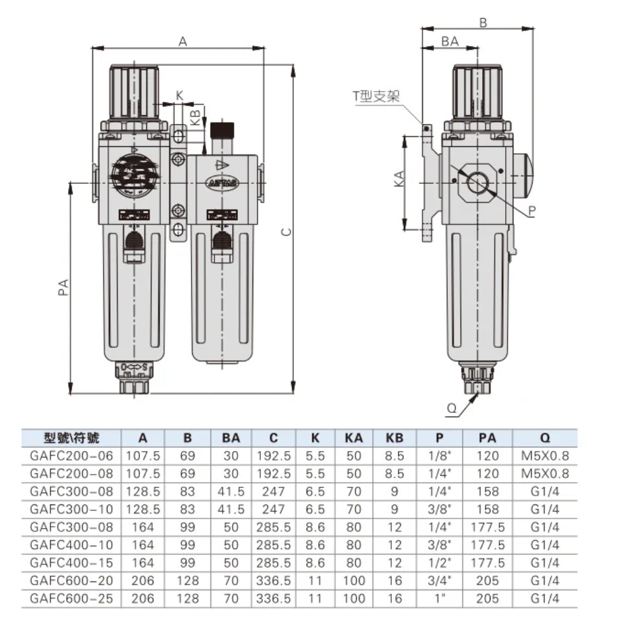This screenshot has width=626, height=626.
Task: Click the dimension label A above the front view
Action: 183,41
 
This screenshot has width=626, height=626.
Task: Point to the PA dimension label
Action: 64,288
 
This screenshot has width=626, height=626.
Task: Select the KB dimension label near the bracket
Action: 195,118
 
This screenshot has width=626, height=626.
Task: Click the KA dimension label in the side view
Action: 400,179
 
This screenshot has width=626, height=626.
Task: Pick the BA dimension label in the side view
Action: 450,41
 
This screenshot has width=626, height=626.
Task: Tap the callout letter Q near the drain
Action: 452,408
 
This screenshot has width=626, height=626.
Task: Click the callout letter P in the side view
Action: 531,211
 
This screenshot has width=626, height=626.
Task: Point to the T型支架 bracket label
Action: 376,96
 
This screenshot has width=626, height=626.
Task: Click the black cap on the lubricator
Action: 222,130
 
